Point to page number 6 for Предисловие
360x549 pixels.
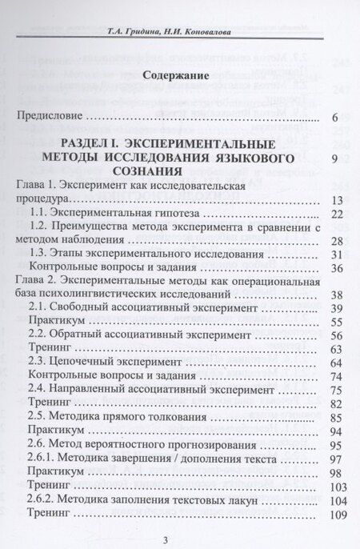(336, 118)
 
